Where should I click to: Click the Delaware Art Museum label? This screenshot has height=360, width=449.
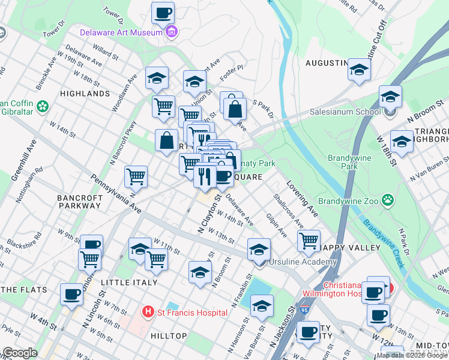click(x=123, y=32)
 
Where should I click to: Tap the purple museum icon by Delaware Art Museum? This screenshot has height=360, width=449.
click(x=172, y=32)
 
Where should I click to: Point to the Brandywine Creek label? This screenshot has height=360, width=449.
click(x=382, y=236)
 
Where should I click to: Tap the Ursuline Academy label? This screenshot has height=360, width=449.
click(x=303, y=262)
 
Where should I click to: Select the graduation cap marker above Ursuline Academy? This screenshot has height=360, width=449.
click(x=259, y=248)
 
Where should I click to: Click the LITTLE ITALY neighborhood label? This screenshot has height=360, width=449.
click(x=129, y=282)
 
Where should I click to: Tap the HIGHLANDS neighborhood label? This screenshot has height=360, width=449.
click(x=85, y=94)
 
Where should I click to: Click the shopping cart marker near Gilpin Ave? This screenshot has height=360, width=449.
click(x=309, y=241)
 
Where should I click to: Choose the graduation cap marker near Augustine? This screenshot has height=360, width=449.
click(x=360, y=70)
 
